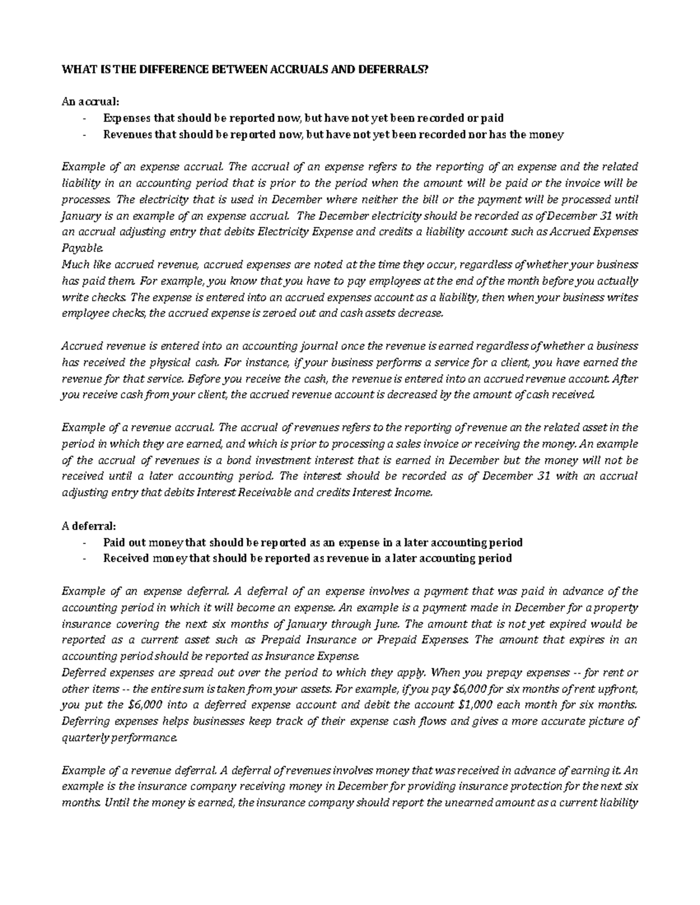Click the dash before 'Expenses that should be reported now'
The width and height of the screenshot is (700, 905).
86,118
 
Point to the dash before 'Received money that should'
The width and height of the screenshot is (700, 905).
86,558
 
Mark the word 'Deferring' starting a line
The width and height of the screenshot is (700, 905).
86,721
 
